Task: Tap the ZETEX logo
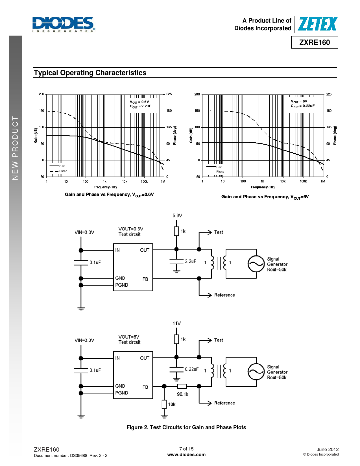tap(317, 24)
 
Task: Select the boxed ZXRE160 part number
tap(314, 42)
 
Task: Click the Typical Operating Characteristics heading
tap(90, 73)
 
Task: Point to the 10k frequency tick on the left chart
tap(125, 182)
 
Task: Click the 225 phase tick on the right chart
tap(329, 94)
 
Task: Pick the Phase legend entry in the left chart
tap(58, 171)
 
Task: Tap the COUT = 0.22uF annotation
tap(302, 106)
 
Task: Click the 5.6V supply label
tap(177, 215)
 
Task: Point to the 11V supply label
tap(177, 323)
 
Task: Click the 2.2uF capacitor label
tap(190, 261)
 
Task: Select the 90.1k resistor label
tap(183, 394)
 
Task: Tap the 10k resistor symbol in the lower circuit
tap(164, 404)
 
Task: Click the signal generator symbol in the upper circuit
tap(256, 264)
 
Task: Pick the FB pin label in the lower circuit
tap(145, 387)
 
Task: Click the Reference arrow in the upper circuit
tap(205, 295)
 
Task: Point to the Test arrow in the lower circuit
tap(205, 340)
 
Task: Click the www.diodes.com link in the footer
tap(186, 454)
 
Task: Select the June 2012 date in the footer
tap(328, 449)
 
